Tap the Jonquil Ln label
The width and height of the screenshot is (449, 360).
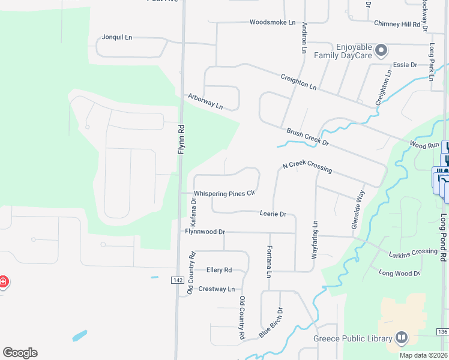pyautogui.click(x=116, y=37)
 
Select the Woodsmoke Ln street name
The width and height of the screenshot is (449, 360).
pyautogui.click(x=273, y=22)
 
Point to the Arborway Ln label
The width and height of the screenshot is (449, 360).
pyautogui.click(x=205, y=101)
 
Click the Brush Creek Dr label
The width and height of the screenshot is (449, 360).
pyautogui.click(x=308, y=137)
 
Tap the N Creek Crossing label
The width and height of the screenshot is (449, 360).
pyautogui.click(x=307, y=167)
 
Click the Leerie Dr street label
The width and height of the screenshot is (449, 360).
pyautogui.click(x=273, y=214)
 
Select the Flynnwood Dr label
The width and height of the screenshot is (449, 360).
pyautogui.click(x=205, y=232)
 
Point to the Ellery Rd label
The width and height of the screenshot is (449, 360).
pyautogui.click(x=218, y=270)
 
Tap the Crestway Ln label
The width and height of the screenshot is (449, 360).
pyautogui.click(x=216, y=289)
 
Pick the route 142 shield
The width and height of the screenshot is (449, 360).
pyautogui.click(x=177, y=280)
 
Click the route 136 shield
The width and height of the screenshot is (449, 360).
pyautogui.click(x=442, y=332)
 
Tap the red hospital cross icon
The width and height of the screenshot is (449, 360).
pyautogui.click(x=2, y=281)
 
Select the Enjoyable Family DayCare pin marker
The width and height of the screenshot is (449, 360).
pyautogui.click(x=380, y=51)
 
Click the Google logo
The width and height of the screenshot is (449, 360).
pyautogui.click(x=20, y=353)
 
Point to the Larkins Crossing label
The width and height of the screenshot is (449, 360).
pyautogui.click(x=412, y=252)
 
